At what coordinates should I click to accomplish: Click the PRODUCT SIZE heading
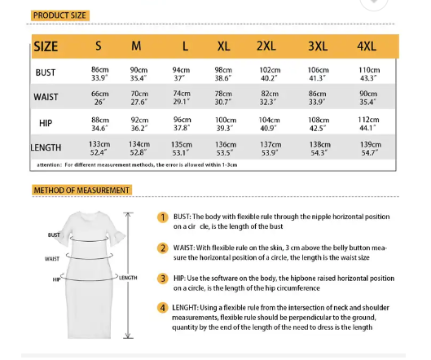[x=59, y=15]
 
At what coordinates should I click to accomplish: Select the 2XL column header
[x=266, y=46]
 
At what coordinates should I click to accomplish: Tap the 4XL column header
[x=368, y=46]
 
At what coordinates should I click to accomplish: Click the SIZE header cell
[x=46, y=46]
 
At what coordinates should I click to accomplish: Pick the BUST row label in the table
[x=46, y=73]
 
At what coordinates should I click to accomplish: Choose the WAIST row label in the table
[x=46, y=98]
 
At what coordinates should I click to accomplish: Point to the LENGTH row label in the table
[x=46, y=148]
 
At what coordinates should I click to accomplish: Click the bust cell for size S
[x=99, y=73]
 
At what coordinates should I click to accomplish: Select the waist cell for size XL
[x=223, y=98]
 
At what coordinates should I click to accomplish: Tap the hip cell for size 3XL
[x=319, y=123]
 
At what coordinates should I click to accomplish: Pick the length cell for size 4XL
[x=369, y=148]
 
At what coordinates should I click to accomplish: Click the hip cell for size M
[x=139, y=123]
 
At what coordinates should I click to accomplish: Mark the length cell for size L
[x=182, y=148]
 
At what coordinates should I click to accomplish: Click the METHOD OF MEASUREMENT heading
[x=81, y=191]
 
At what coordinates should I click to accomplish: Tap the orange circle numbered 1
[x=162, y=217]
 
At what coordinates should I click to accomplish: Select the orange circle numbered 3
[x=162, y=279]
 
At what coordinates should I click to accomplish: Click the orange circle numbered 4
[x=162, y=308]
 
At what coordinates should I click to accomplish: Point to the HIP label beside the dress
[x=57, y=279]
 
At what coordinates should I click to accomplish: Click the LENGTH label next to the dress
[x=129, y=278]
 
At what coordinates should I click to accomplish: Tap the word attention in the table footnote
[x=50, y=165]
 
